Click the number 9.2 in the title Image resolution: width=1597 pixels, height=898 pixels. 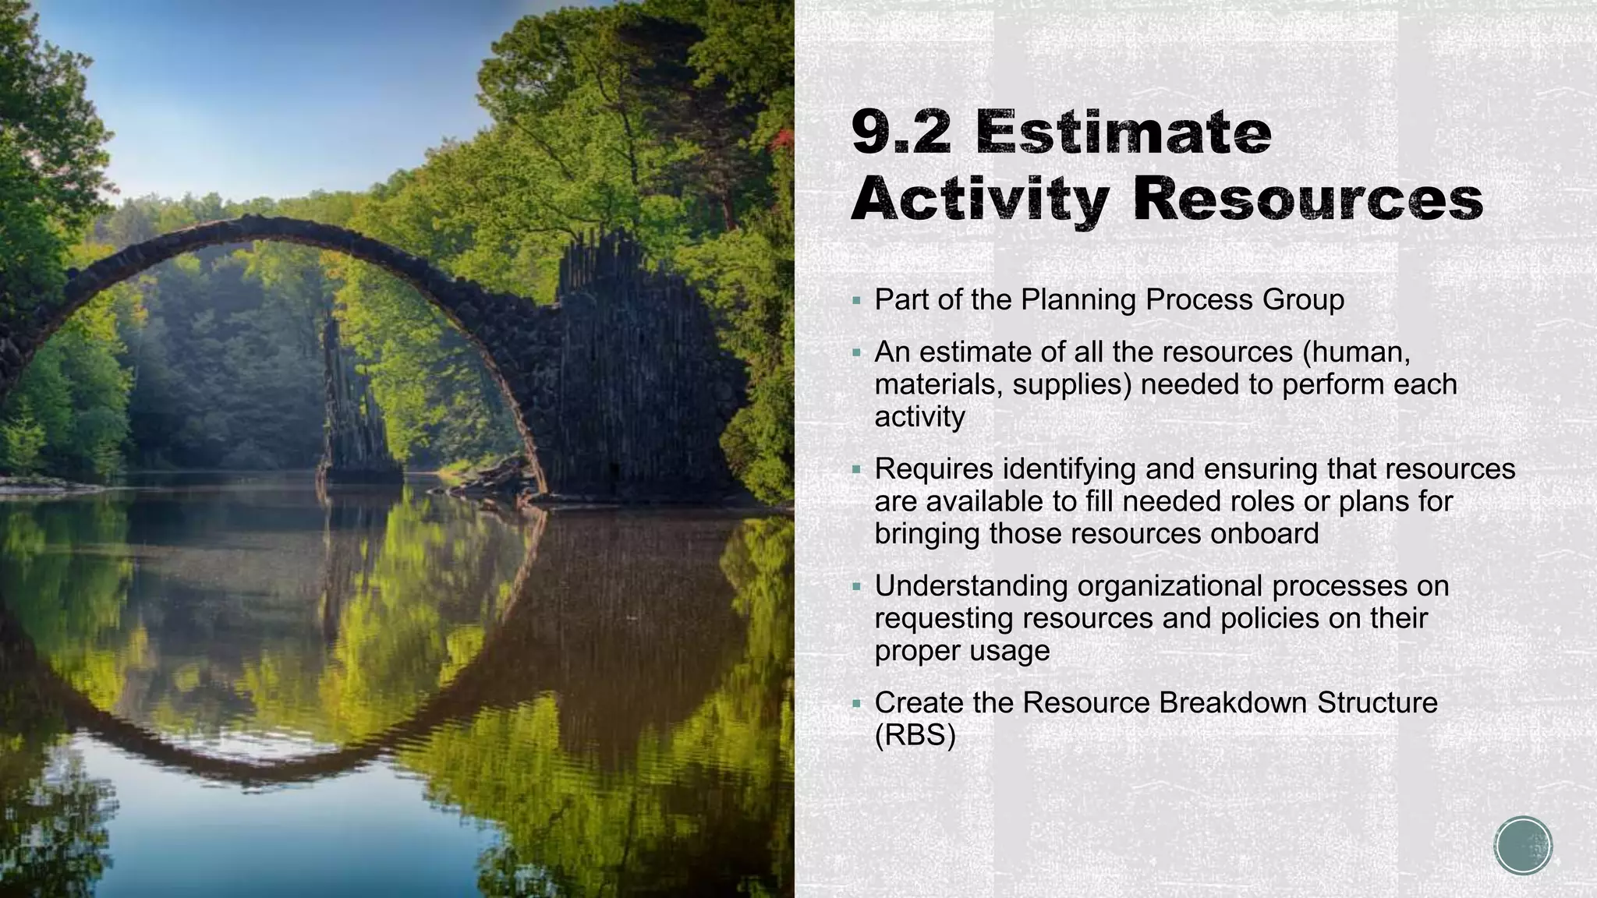[901, 133]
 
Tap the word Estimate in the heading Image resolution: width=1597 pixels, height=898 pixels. [1124, 133]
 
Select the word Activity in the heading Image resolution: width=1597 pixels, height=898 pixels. [979, 200]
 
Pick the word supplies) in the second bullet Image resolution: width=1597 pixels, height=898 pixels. [1071, 385]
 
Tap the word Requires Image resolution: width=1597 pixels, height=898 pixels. [933, 469]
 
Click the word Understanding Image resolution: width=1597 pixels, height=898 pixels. [971, 586]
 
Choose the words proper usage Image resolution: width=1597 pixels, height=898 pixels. [962, 651]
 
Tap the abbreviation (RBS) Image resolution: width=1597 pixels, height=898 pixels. [915, 736]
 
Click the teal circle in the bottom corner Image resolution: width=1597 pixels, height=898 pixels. [1523, 846]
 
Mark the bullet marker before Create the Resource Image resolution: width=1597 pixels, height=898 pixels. [857, 704]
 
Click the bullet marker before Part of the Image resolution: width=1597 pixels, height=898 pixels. [857, 301]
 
